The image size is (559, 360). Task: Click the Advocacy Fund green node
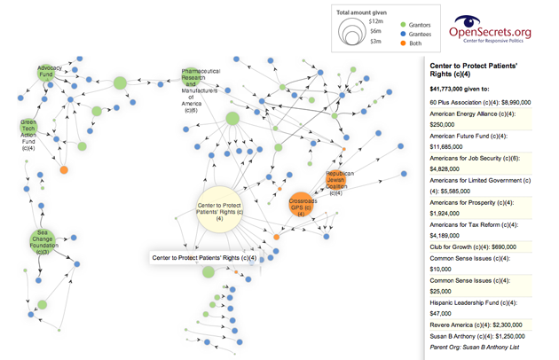[49, 72]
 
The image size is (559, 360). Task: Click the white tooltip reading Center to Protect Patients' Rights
[204, 258]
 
